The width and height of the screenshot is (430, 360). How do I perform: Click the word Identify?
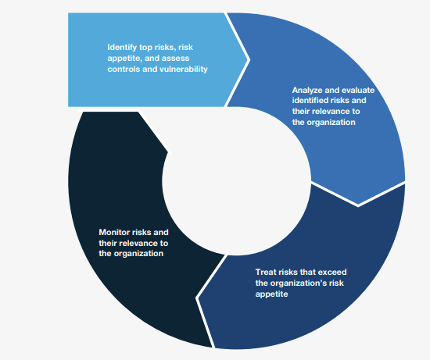122,48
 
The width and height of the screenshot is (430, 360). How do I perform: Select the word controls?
124,69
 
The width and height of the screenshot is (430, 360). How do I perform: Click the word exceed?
331,272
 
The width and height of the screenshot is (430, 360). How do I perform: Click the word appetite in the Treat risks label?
271,294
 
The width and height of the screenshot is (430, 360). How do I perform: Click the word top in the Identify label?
145,48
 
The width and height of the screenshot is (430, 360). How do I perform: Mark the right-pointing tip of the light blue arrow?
249,59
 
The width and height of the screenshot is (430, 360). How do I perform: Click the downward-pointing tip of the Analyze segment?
358,205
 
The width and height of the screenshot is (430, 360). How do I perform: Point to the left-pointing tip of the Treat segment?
197,298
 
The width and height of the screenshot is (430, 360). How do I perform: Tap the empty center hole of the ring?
236,181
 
